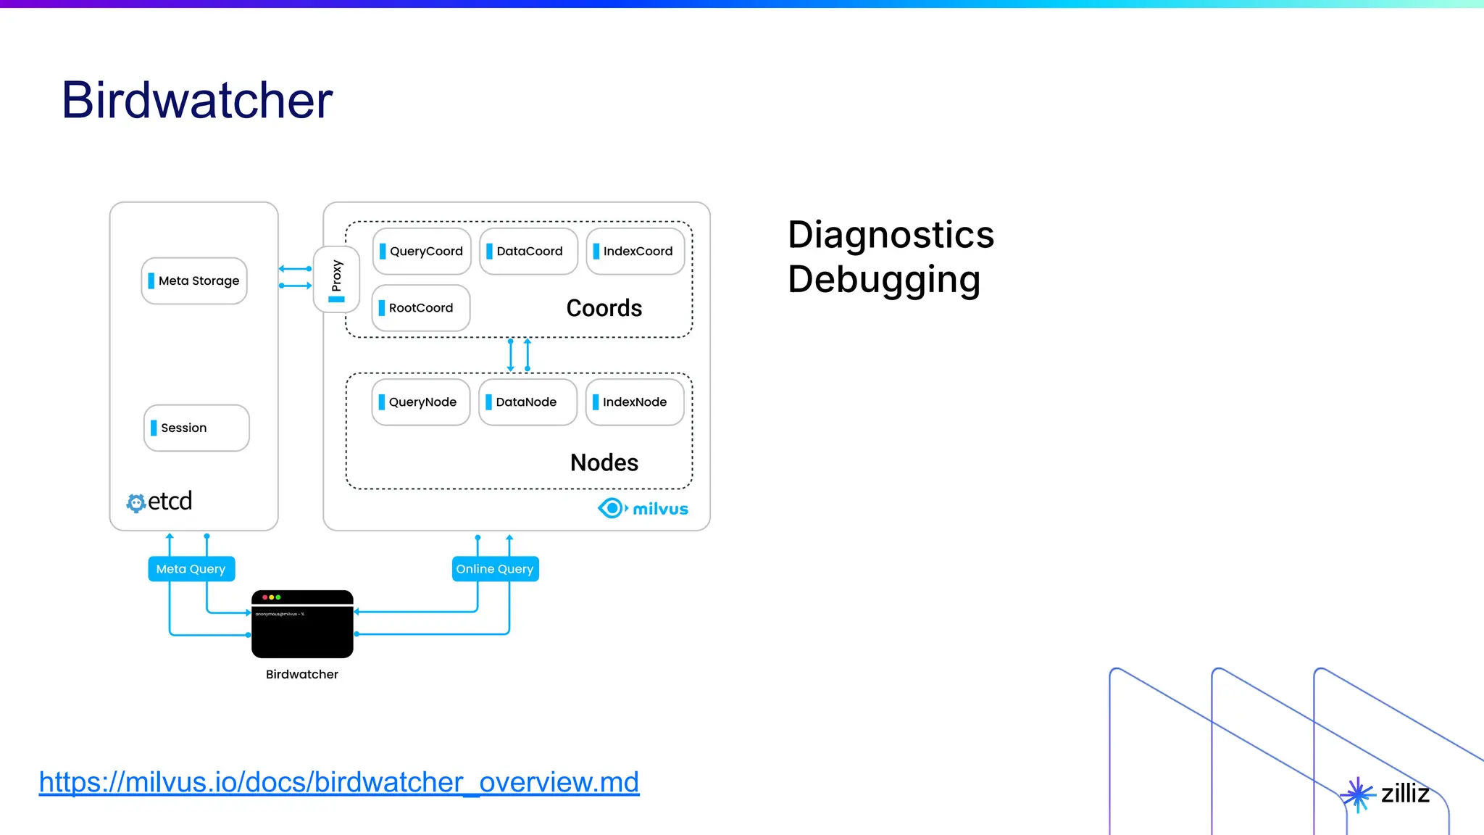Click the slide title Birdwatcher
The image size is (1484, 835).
(x=197, y=100)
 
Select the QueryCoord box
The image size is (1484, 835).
(x=422, y=252)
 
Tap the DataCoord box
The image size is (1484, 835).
(x=528, y=252)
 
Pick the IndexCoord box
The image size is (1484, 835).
(x=635, y=252)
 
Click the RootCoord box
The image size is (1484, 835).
(x=421, y=308)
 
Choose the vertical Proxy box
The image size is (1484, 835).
(x=336, y=279)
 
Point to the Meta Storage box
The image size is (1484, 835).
(x=194, y=281)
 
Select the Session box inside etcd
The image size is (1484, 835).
(x=196, y=428)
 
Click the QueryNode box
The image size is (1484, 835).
(x=421, y=402)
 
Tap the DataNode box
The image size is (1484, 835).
(x=528, y=402)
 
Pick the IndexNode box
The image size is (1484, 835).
(x=635, y=402)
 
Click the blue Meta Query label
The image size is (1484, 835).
(x=191, y=569)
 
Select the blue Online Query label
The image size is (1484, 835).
(x=495, y=569)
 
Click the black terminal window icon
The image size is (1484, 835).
(x=302, y=624)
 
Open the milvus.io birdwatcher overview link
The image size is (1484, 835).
(x=339, y=782)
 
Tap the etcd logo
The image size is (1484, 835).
(x=159, y=502)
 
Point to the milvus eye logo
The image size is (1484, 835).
(x=612, y=508)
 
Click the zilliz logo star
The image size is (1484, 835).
(x=1358, y=795)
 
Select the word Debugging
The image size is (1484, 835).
(x=884, y=280)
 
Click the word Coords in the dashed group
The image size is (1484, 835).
(x=604, y=309)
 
